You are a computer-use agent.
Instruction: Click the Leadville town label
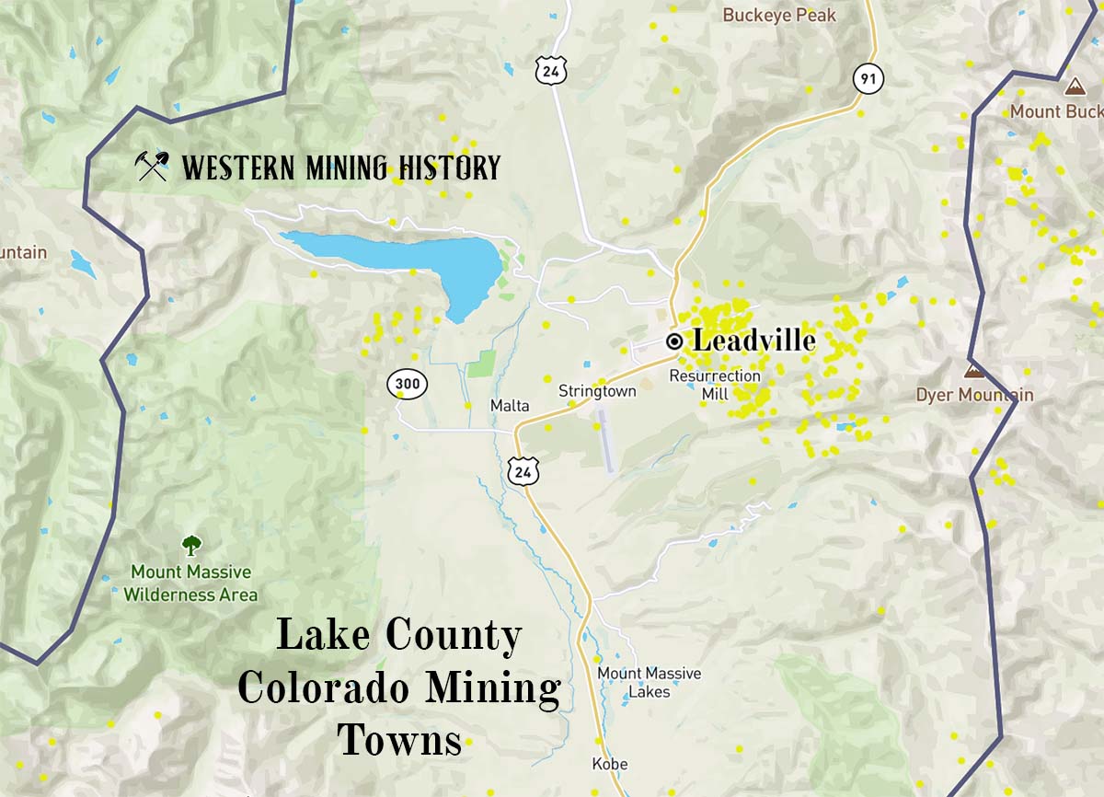pyautogui.click(x=753, y=341)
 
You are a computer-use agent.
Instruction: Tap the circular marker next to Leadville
pyautogui.click(x=674, y=341)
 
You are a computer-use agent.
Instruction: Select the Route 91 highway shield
pyautogui.click(x=867, y=78)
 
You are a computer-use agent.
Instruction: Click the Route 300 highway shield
pyautogui.click(x=408, y=384)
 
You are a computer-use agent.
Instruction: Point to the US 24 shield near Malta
pyautogui.click(x=519, y=472)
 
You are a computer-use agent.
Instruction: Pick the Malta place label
pyautogui.click(x=509, y=406)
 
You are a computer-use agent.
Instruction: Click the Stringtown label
pyautogui.click(x=597, y=391)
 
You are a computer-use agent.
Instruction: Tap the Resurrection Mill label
pyautogui.click(x=715, y=385)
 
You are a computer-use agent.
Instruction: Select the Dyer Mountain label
pyautogui.click(x=974, y=395)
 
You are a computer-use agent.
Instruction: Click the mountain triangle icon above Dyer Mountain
pyautogui.click(x=972, y=370)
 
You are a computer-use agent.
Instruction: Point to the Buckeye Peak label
pyautogui.click(x=779, y=15)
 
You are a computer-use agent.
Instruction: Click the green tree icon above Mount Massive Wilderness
pyautogui.click(x=190, y=546)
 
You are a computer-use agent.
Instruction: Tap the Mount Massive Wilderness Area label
pyautogui.click(x=190, y=583)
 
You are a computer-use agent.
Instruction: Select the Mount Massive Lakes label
pyautogui.click(x=649, y=682)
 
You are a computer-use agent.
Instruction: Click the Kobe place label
pyautogui.click(x=610, y=764)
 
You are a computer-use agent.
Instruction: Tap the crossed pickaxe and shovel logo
pyautogui.click(x=152, y=167)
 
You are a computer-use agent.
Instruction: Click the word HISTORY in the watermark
pyautogui.click(x=451, y=168)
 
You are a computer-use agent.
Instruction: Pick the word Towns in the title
pyautogui.click(x=400, y=739)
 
